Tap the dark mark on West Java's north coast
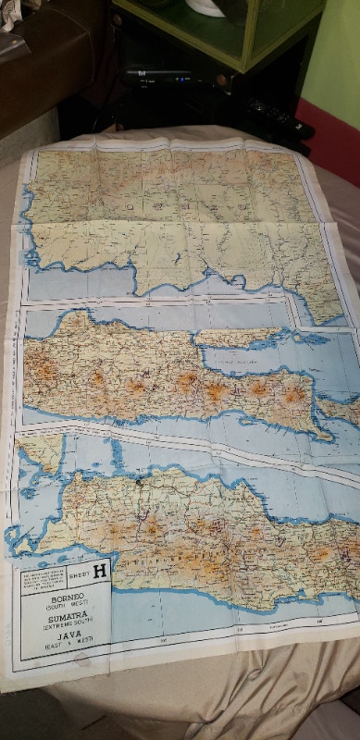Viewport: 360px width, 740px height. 136,479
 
